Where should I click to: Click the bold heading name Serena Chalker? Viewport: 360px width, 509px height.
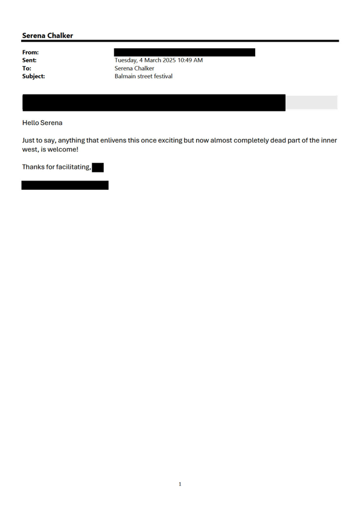point(48,36)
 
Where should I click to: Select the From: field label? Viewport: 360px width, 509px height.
point(30,52)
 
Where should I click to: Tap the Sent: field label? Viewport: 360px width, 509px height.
point(29,60)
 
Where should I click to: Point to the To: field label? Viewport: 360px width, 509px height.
point(26,68)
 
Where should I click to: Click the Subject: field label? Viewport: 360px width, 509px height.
point(33,76)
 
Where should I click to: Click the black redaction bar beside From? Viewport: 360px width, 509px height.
point(185,52)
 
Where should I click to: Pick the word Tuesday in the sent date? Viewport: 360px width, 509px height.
point(126,60)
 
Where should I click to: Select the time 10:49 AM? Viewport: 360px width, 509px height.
point(190,60)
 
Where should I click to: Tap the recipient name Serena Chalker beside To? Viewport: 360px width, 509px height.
point(134,68)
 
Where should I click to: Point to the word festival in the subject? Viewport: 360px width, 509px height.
point(163,76)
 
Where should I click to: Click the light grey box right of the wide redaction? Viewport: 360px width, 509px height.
point(311,102)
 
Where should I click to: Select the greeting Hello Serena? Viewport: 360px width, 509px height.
point(42,123)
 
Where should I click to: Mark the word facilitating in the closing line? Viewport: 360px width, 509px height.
point(73,167)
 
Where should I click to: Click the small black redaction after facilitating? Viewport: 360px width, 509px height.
point(97,167)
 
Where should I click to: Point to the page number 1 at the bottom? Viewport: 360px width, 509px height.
point(180,484)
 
